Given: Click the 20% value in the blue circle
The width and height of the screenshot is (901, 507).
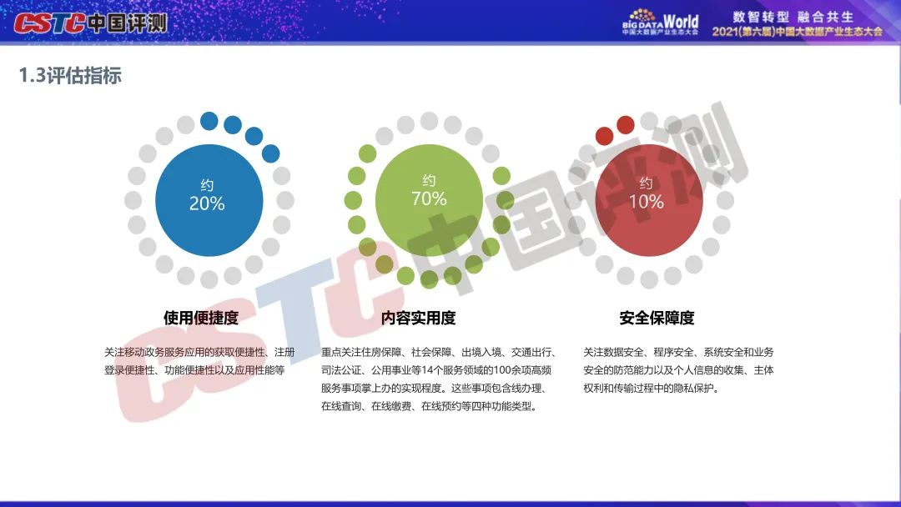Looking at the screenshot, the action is point(207,203).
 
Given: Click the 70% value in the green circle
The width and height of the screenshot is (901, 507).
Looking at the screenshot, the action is point(429,198).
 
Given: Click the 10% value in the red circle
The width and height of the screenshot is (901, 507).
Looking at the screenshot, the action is point(646,202).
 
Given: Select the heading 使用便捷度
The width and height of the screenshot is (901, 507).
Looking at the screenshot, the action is point(200,318).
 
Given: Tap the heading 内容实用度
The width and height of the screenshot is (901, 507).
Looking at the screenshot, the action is point(418,318).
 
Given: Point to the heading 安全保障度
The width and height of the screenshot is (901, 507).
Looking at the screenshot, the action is point(657,318).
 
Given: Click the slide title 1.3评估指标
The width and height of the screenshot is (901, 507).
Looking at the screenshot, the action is point(70,75).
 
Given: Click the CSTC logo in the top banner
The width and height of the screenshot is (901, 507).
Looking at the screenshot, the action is point(49,23).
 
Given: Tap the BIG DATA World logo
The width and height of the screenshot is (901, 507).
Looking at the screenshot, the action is point(660,22).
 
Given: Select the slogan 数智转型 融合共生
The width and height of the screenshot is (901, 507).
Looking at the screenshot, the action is point(793,17).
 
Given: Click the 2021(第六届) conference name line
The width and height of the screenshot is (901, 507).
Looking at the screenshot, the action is point(797,32).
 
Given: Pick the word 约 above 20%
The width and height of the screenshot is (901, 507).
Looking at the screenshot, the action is point(207,185).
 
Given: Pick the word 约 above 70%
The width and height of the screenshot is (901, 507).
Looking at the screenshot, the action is point(429,180).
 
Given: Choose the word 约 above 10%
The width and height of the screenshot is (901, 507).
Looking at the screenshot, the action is point(646,183).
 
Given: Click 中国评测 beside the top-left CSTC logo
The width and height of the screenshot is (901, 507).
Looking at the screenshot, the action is point(128,23).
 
